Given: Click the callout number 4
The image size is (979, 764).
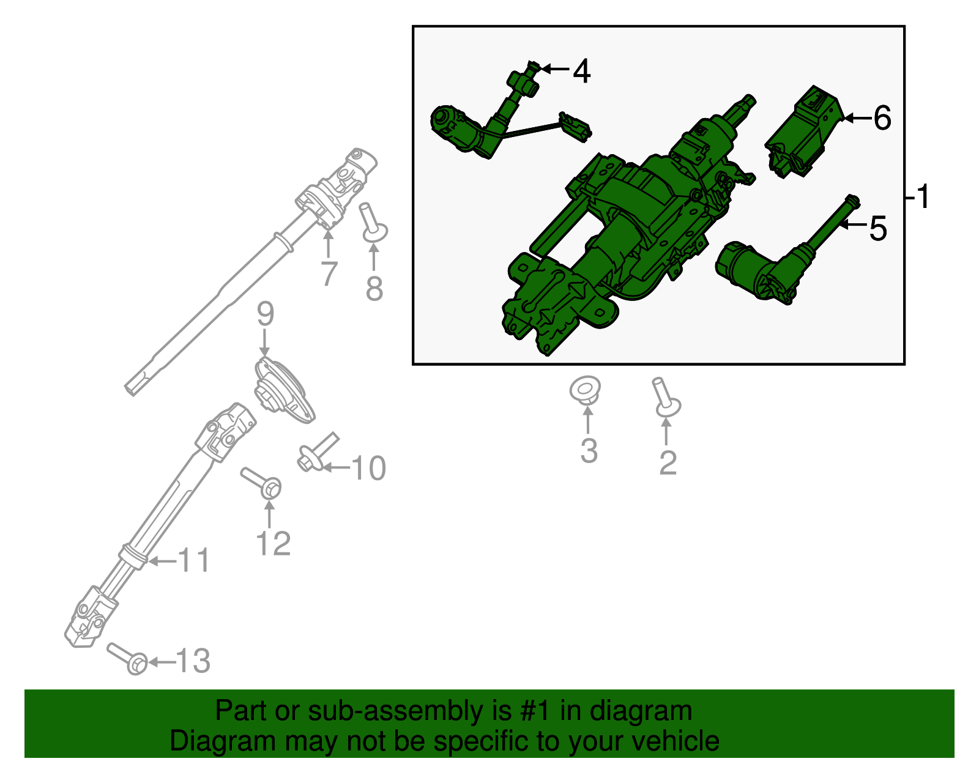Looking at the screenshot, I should click(581, 72).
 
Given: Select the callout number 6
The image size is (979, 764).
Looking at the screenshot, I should click(882, 118).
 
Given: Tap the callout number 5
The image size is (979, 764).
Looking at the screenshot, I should click(877, 229).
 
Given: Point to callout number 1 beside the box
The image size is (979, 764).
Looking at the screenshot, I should click(923, 197).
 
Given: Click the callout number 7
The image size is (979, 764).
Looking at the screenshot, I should click(329, 273).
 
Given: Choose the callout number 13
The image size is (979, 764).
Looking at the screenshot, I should click(193, 661).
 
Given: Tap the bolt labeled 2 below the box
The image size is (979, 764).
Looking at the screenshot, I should click(665, 399).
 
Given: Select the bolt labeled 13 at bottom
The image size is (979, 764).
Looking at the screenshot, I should click(128, 658).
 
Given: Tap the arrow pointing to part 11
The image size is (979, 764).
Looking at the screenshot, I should click(161, 560).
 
